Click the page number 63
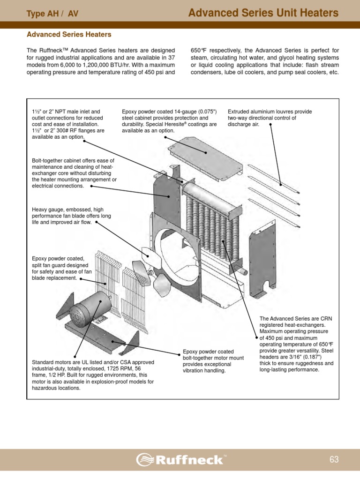334,459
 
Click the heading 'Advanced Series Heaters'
69,35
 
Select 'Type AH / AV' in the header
52,14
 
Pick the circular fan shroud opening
176,255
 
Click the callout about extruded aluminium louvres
270,118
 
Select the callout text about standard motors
93,375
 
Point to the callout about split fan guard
60,268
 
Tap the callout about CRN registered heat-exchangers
296,344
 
